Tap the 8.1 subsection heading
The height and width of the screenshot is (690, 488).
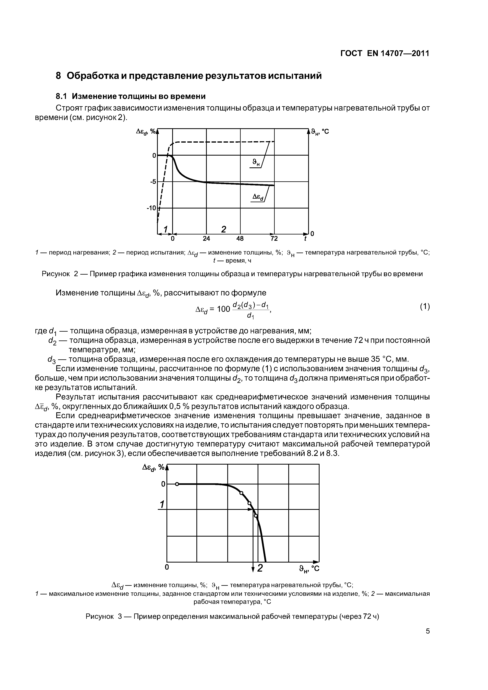click(131, 96)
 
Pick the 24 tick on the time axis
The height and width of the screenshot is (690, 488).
click(206, 239)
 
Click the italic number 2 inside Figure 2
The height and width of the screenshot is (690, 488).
click(223, 229)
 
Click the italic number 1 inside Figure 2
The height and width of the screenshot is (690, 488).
click(165, 229)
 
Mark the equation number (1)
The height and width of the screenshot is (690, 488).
click(425, 307)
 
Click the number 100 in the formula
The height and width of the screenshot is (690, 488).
click(223, 309)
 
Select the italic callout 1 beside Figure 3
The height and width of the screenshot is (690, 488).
click(162, 504)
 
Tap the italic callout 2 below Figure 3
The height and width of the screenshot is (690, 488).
click(260, 568)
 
